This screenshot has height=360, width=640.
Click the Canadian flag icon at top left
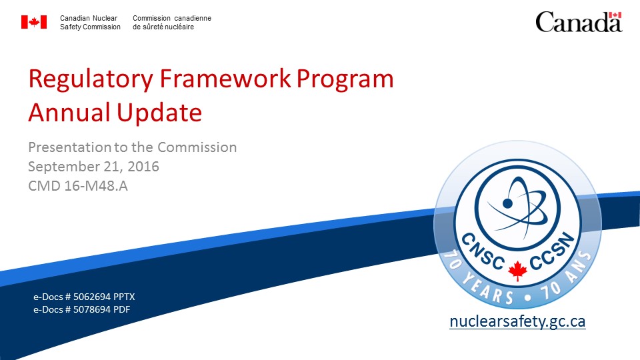click(x=34, y=22)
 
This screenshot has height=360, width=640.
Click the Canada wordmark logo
click(x=579, y=21)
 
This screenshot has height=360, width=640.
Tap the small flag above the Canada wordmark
click(x=615, y=15)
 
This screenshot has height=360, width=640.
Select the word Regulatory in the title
click(x=91, y=79)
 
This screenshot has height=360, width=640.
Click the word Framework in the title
click(x=225, y=79)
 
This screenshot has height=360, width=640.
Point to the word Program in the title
click(x=345, y=79)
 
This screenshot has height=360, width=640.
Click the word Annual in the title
click(x=69, y=112)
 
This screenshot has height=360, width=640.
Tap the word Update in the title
click(x=159, y=113)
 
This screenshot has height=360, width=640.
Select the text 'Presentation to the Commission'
click(x=133, y=147)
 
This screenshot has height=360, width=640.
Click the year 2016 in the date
click(x=143, y=167)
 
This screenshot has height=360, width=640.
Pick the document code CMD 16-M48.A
click(x=78, y=186)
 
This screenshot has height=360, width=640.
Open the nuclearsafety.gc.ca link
click(x=517, y=321)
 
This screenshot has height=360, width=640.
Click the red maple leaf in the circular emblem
click(x=517, y=271)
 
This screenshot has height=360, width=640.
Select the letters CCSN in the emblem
click(x=552, y=251)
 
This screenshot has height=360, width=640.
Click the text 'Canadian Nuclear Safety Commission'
click(x=90, y=23)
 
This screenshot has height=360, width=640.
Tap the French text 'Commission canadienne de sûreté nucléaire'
click(x=172, y=23)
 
